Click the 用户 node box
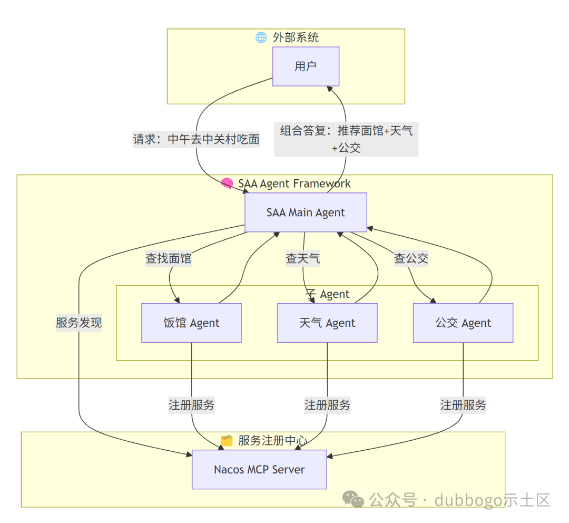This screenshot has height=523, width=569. [306, 66]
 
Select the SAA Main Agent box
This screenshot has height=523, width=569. [306, 212]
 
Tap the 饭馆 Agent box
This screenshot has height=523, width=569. [191, 323]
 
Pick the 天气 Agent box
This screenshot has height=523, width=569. [327, 323]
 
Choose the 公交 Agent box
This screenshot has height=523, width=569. [463, 323]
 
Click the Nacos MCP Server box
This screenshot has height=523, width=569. [259, 469]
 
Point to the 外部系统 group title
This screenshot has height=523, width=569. [296, 37]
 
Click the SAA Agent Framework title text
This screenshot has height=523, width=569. [294, 183]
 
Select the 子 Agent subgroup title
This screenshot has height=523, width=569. [327, 294]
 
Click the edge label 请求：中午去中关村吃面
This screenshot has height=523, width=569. [196, 140]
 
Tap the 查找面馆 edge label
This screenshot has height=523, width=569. [169, 258]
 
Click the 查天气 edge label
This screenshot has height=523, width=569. [303, 258]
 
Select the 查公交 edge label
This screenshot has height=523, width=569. [411, 258]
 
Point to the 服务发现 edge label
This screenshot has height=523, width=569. [79, 323]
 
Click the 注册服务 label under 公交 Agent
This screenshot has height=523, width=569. [463, 405]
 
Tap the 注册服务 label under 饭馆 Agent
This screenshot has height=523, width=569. [191, 405]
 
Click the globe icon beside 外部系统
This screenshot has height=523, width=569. [261, 37]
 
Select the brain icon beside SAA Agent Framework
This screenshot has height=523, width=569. [227, 183]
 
